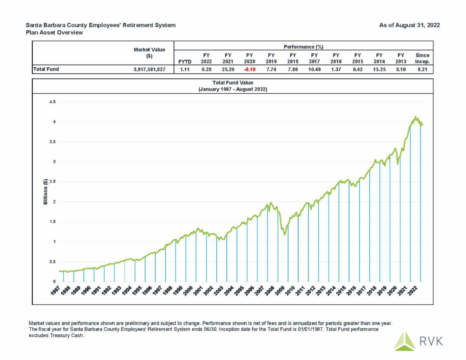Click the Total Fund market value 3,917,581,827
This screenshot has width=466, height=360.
(150, 70)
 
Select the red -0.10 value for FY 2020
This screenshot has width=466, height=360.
(249, 70)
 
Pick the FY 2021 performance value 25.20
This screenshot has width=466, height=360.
(228, 70)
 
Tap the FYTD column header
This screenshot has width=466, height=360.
(184, 62)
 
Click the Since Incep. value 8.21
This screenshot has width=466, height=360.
(422, 70)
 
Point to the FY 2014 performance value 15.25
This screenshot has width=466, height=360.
(379, 70)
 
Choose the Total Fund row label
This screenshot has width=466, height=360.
(46, 70)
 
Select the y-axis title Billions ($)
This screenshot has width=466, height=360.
(45, 192)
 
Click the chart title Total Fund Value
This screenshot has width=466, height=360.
(233, 83)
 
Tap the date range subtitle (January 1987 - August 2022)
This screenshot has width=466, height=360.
(233, 89)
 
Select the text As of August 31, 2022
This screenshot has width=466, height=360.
(409, 25)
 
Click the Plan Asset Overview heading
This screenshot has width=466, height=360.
(54, 33)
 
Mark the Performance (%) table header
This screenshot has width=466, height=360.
(303, 47)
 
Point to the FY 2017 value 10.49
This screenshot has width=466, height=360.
(314, 70)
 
